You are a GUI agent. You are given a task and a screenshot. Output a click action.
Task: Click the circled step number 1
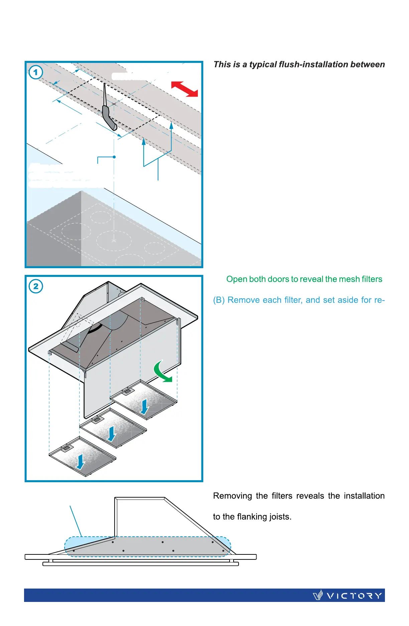coord(36,72)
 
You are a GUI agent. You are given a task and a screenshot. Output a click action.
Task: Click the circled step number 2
coord(36,286)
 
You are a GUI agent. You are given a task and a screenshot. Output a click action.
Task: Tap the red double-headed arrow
coord(185,89)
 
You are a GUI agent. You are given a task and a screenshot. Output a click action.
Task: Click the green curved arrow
coord(162,372)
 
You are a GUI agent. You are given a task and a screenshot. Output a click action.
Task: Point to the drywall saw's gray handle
coord(109,118)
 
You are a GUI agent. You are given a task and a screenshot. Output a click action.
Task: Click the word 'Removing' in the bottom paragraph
coord(232,496)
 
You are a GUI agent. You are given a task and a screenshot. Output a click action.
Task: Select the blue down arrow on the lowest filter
coord(81,461)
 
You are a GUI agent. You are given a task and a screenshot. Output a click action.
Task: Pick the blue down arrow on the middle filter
coord(111,433)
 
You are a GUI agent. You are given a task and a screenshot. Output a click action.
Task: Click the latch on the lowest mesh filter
coord(67,448)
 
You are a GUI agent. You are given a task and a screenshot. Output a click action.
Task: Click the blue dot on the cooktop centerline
coord(114,157)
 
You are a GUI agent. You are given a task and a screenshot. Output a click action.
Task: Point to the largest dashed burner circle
coord(114,240)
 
